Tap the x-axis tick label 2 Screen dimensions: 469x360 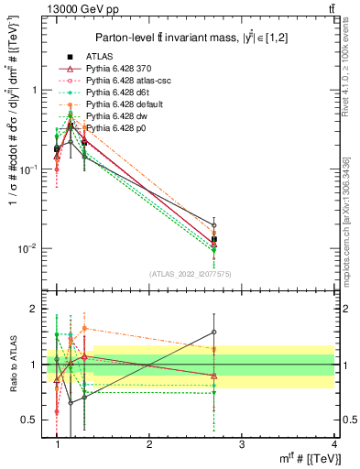[149, 443]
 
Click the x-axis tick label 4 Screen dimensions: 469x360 [333, 443]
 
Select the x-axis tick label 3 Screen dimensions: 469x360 [241, 443]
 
